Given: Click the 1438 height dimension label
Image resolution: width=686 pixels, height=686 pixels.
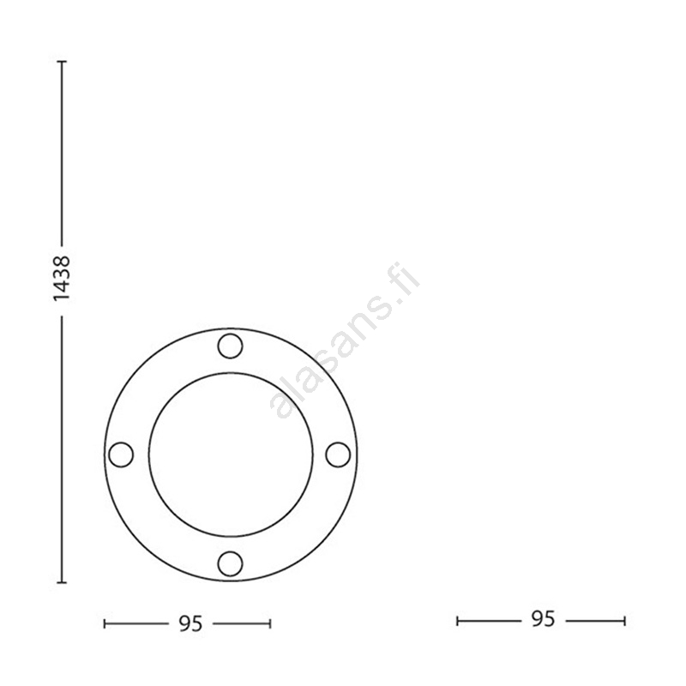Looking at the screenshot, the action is pos(61,278).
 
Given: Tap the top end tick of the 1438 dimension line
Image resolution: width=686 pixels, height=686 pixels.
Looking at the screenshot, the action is pos(62,62).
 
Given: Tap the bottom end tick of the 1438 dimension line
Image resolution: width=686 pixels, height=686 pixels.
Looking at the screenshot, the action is pos(62,582).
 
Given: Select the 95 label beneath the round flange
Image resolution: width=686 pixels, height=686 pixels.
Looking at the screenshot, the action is pos(190,623).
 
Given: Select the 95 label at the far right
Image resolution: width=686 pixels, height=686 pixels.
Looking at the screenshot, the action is pos(543,619).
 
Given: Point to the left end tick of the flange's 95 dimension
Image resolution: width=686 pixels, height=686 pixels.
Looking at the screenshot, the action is pos(105,624).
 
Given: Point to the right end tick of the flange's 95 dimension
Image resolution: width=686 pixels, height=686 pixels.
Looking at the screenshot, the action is pos(270,624).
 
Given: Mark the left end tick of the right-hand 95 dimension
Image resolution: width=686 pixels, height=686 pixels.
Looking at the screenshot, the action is pos(457,621).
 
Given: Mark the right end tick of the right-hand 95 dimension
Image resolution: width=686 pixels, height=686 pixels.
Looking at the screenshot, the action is pos(625,621).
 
